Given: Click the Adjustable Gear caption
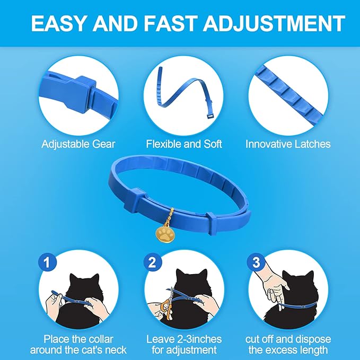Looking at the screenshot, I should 78,144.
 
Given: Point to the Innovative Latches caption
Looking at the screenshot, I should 288,144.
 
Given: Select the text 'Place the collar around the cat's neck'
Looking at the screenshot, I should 79,345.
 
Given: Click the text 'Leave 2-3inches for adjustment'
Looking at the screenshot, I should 183,345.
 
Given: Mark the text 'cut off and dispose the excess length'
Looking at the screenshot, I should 288,345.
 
